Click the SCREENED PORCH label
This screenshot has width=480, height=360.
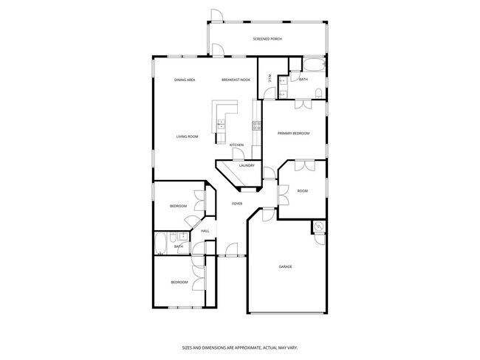click(267, 39)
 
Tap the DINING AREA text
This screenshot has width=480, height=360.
click(185, 80)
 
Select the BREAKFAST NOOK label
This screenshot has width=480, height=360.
click(236, 80)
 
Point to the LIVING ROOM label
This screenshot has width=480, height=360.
click(187, 136)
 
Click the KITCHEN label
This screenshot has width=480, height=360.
click(236, 145)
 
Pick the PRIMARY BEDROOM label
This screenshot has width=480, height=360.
click(293, 134)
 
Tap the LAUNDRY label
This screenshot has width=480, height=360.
click(246, 166)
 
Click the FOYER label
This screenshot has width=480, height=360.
click(237, 204)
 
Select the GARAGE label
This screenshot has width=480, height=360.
click(286, 266)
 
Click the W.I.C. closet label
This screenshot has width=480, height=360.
click(270, 77)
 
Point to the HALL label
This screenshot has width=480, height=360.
click(205, 231)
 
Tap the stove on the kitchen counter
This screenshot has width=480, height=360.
click(256, 125)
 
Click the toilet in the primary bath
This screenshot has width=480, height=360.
click(318, 93)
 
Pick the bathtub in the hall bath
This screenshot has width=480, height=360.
click(161, 244)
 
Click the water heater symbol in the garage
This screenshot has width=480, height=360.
click(318, 227)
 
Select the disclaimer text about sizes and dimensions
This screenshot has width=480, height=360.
click(240, 347)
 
